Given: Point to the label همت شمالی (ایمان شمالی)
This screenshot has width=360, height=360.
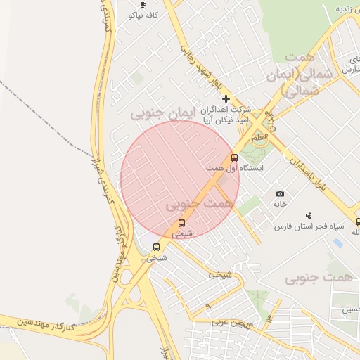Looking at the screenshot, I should click(x=300, y=73).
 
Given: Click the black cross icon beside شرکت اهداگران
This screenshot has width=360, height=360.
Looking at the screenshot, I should click(x=225, y=99).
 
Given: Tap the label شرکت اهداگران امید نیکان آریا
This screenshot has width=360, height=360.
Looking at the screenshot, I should click(x=226, y=115).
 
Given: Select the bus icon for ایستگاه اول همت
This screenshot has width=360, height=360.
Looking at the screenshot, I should click(x=234, y=157).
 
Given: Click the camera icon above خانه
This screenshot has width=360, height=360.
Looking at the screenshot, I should click(x=281, y=193).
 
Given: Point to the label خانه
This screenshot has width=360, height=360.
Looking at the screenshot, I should click(x=281, y=204).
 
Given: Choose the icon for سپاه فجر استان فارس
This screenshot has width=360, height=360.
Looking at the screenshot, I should click(x=308, y=215).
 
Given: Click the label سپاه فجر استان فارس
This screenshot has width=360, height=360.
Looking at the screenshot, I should click(x=308, y=226).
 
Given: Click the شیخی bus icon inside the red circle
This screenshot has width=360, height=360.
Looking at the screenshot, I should click(x=181, y=223).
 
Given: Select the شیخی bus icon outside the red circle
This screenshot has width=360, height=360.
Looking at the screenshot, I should click(x=156, y=247).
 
